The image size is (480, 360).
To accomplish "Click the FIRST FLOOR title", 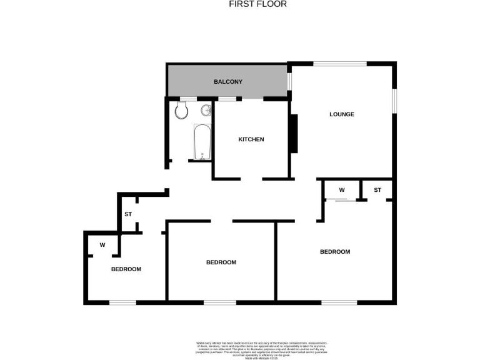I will coord(257,4).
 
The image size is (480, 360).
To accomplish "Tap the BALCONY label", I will coord(227,82).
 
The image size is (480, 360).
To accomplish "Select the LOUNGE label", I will coord(342,114).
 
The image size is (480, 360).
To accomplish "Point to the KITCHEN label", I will coord(251,139).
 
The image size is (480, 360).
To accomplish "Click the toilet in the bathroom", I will coord(181,111).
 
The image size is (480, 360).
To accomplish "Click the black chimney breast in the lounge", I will coord(293,134).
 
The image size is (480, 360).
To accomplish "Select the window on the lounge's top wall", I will coord(340,63).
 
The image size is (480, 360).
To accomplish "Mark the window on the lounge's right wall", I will coord(394,101).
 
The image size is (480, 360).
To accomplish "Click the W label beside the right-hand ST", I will coord(342,189).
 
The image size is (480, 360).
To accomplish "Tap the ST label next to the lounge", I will coord(377,189).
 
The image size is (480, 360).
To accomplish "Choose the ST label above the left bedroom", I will coord(128,214).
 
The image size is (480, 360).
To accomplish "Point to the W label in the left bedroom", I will coord(101,244).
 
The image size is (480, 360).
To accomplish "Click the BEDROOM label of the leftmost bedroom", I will coord(126,269).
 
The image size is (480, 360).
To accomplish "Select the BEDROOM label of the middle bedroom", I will coord(221,262).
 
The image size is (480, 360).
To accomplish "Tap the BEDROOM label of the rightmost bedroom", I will coord(335,252).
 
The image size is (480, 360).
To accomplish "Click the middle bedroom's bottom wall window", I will coord(220,303).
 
